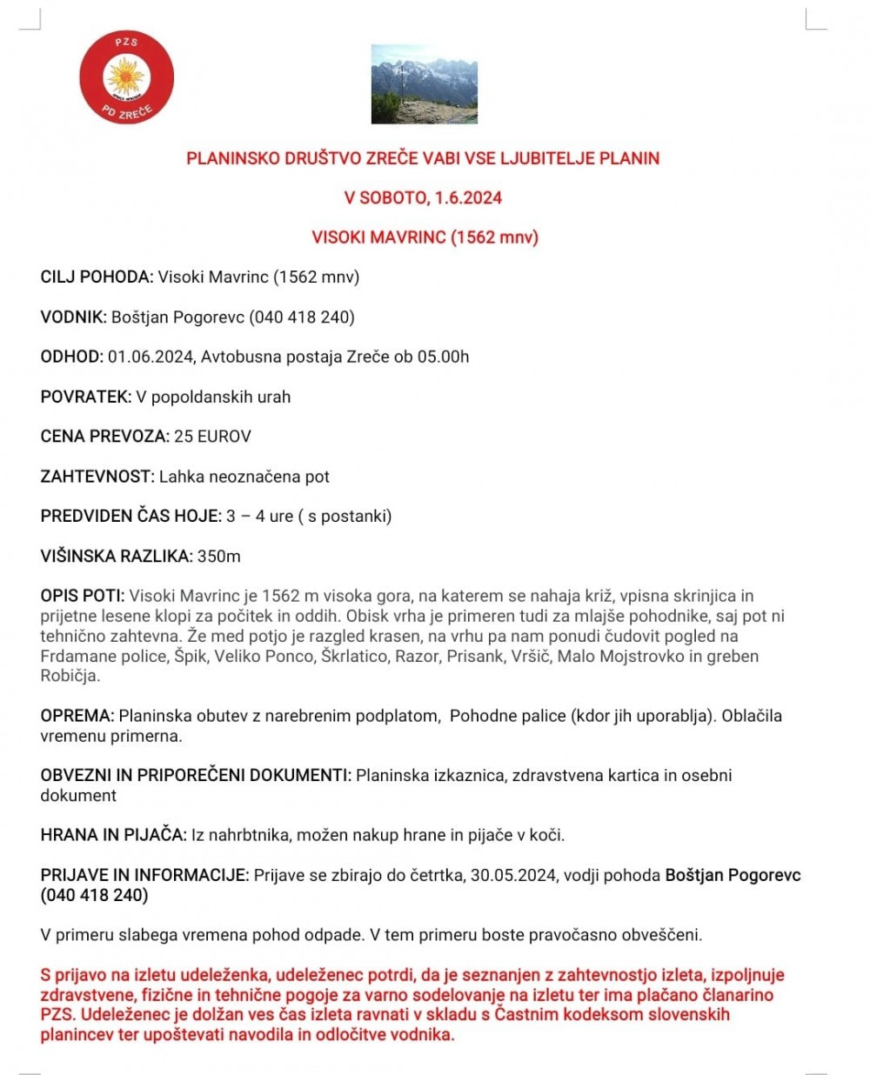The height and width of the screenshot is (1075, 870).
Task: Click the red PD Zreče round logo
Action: (x=127, y=78)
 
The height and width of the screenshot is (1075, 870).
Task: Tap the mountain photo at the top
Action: (x=424, y=83)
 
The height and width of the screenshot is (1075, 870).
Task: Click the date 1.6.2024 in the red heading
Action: (x=468, y=197)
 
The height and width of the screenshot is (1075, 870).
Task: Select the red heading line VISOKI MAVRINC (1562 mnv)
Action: (x=425, y=237)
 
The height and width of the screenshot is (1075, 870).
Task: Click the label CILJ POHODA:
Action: (x=97, y=277)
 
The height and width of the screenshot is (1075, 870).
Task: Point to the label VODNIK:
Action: (x=73, y=317)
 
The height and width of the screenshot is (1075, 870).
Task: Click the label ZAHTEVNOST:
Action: (x=97, y=477)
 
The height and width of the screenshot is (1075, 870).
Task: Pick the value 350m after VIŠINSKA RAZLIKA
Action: (x=219, y=557)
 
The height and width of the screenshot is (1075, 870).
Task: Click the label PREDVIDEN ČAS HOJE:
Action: (x=131, y=517)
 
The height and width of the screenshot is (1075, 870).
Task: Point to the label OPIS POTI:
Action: (x=83, y=596)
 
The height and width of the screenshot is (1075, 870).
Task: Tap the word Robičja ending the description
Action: (x=70, y=676)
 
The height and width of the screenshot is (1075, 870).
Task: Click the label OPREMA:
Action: (x=77, y=716)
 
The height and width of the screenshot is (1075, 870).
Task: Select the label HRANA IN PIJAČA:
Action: (x=113, y=835)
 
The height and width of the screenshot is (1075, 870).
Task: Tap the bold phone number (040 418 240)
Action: (x=94, y=895)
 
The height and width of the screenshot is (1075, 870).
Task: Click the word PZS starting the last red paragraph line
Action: (x=57, y=1014)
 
